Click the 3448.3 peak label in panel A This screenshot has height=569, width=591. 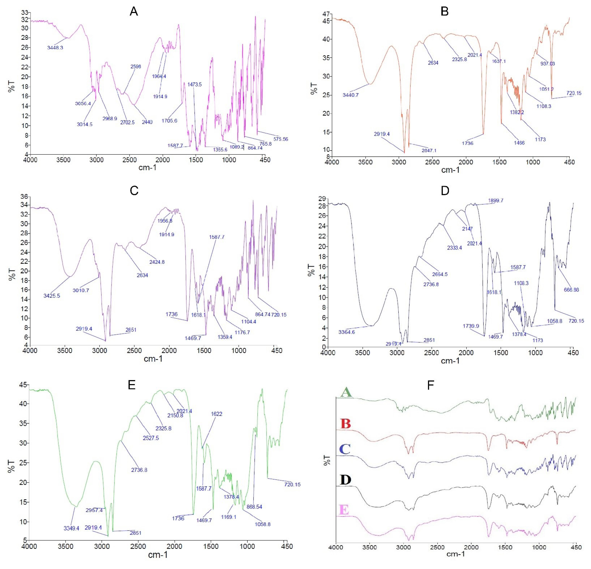pyautogui.click(x=55, y=48)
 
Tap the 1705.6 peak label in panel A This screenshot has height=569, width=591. pyautogui.click(x=170, y=121)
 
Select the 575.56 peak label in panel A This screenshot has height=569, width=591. pyautogui.click(x=281, y=139)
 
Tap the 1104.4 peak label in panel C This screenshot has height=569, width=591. pyautogui.click(x=248, y=322)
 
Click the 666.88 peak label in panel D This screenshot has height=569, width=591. pyautogui.click(x=571, y=290)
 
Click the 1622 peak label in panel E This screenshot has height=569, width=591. pyautogui.click(x=216, y=414)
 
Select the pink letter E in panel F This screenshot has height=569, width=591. pyautogui.click(x=344, y=510)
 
